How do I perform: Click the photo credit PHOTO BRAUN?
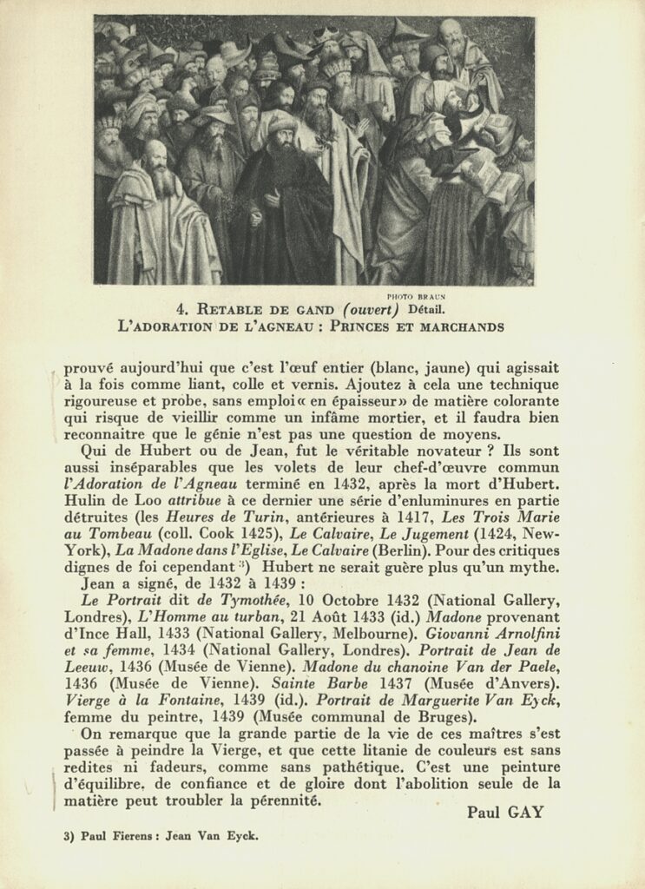pyautogui.click(x=416, y=296)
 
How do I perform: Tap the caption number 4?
pyautogui.click(x=181, y=309)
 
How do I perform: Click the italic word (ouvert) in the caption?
pyautogui.click(x=371, y=309)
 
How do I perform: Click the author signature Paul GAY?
pyautogui.click(x=504, y=813)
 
